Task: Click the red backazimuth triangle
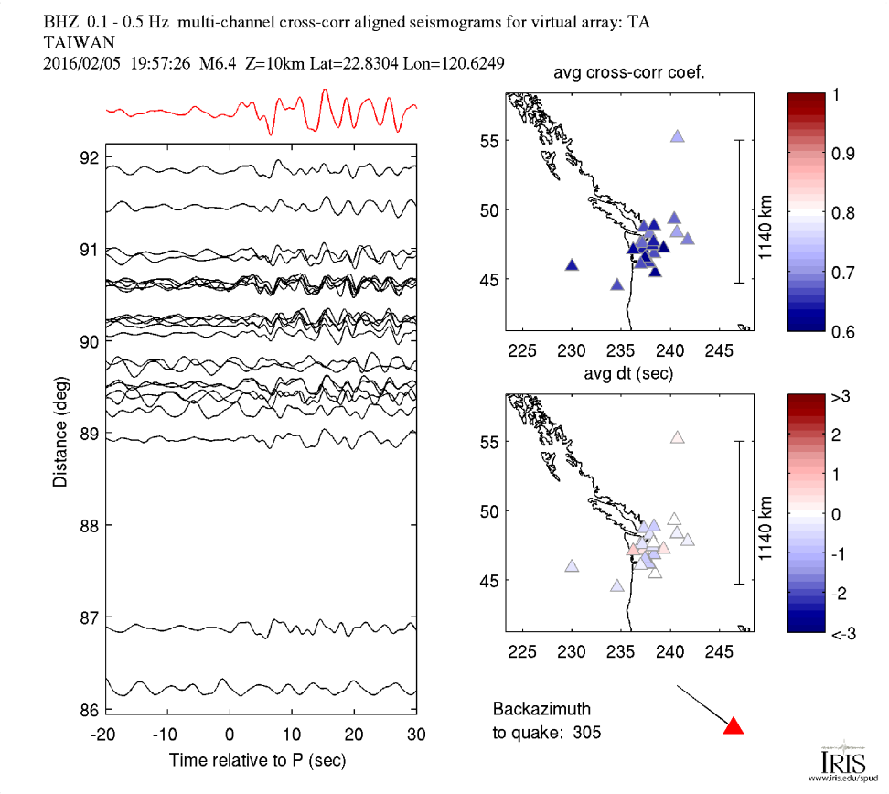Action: pos(734,726)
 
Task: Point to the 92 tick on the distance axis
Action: pos(89,156)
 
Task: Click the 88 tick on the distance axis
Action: pos(89,525)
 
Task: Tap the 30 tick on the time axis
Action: pos(416,734)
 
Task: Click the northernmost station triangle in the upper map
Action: pos(678,135)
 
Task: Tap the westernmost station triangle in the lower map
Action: pos(573,566)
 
